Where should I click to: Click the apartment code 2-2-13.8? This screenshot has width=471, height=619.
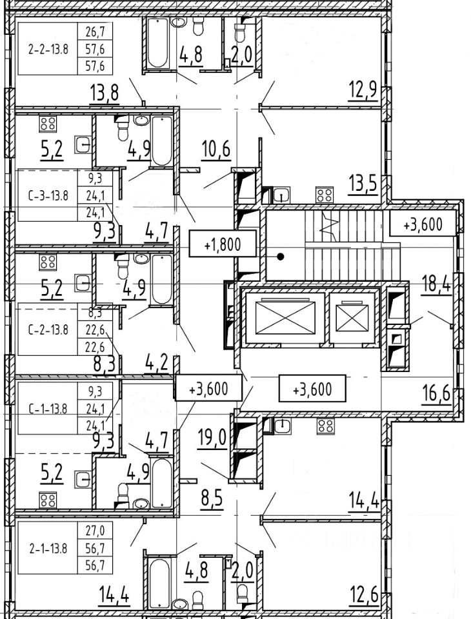click(x=48, y=48)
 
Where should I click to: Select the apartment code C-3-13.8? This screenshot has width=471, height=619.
click(x=48, y=195)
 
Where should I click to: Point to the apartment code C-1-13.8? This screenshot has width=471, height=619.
click(x=48, y=408)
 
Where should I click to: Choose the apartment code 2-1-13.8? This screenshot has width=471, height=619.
click(x=48, y=549)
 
